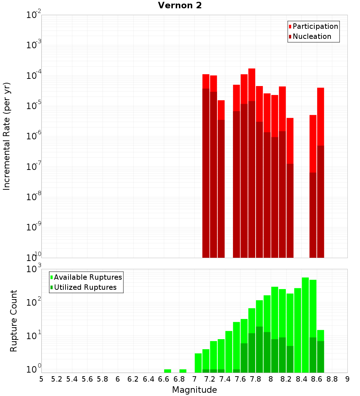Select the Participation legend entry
(x=315, y=27)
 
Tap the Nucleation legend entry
(x=312, y=37)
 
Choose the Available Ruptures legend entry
(x=88, y=278)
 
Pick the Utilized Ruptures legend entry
(x=85, y=288)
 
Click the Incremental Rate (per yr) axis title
(x=7, y=136)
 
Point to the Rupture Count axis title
(x=14, y=320)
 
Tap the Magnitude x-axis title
(x=194, y=390)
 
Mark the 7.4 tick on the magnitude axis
(x=225, y=379)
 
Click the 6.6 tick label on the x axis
(x=164, y=379)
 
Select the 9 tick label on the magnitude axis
(x=347, y=379)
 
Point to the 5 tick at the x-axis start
(x=41, y=379)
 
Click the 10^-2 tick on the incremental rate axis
(x=34, y=15)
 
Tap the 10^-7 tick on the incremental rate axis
(x=34, y=167)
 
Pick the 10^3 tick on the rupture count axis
(x=34, y=269)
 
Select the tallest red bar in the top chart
(x=252, y=162)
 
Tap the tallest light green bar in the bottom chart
(x=305, y=324)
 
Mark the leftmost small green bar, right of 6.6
(x=167, y=371)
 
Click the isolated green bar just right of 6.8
(x=183, y=371)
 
